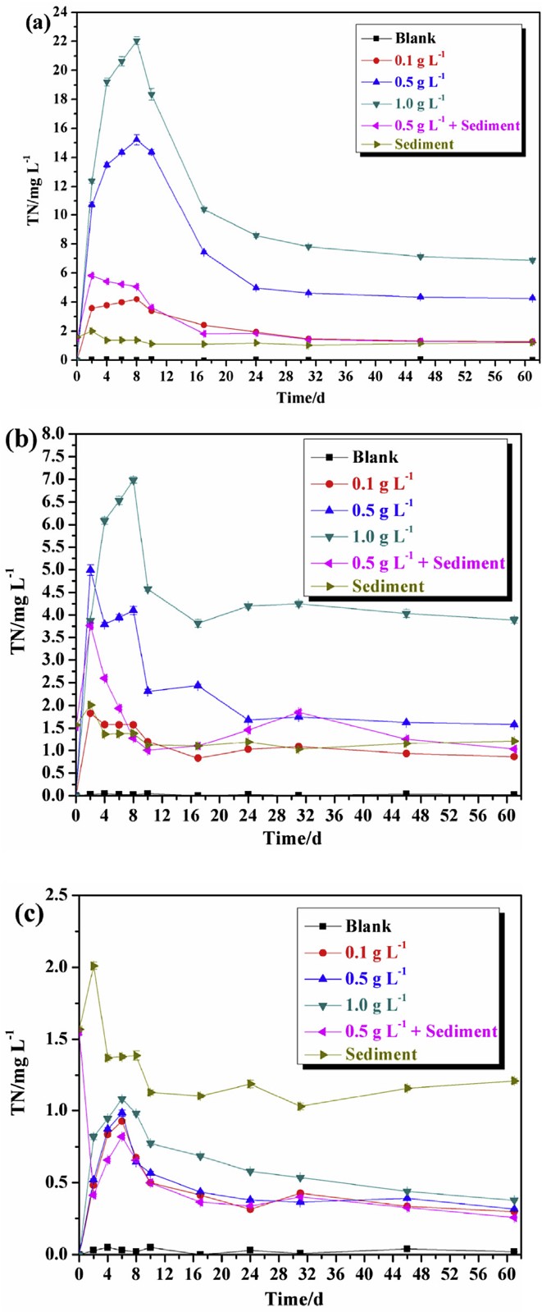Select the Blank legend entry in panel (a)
pyautogui.click(x=414, y=38)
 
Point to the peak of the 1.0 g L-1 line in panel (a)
pyautogui.click(x=137, y=41)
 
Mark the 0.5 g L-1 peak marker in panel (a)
pyautogui.click(x=137, y=139)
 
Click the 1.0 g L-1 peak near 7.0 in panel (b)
pyautogui.click(x=133, y=481)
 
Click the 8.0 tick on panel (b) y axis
pyautogui.click(x=57, y=433)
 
